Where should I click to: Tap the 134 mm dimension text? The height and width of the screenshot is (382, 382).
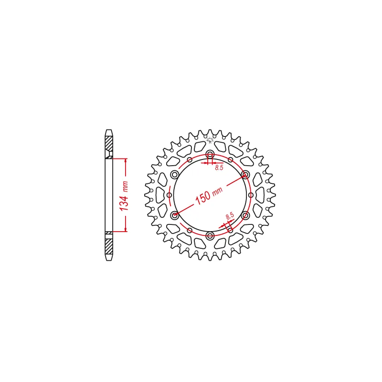pos(124,196)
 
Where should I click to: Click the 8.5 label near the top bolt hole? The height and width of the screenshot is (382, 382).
pos(219,168)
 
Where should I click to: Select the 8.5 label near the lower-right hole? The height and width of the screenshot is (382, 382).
pos(230,216)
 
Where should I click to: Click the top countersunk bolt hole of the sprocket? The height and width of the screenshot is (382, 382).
pos(210,154)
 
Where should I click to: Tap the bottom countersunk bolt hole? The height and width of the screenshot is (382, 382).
pos(210,235)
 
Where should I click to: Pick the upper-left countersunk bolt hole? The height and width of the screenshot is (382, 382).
pos(175,174)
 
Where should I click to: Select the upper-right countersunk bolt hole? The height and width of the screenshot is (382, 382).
pos(245,174)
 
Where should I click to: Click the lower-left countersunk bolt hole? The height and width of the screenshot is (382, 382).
pos(175,215)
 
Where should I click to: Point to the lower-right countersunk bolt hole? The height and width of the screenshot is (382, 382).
pos(245,215)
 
